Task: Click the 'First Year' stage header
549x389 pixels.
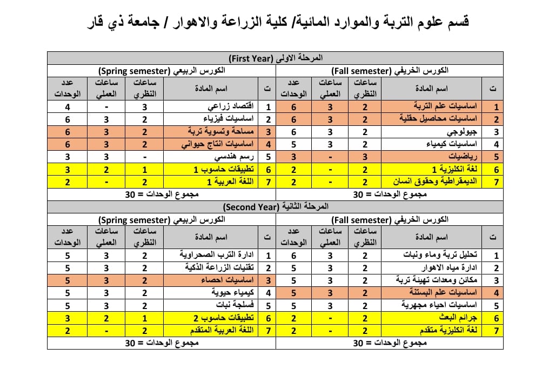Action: pyautogui.click(x=275, y=58)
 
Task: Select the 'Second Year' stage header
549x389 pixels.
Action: pyautogui.click(x=275, y=207)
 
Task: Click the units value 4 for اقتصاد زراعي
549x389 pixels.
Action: pyautogui.click(x=68, y=107)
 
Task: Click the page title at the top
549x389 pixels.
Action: pyautogui.click(x=278, y=23)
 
